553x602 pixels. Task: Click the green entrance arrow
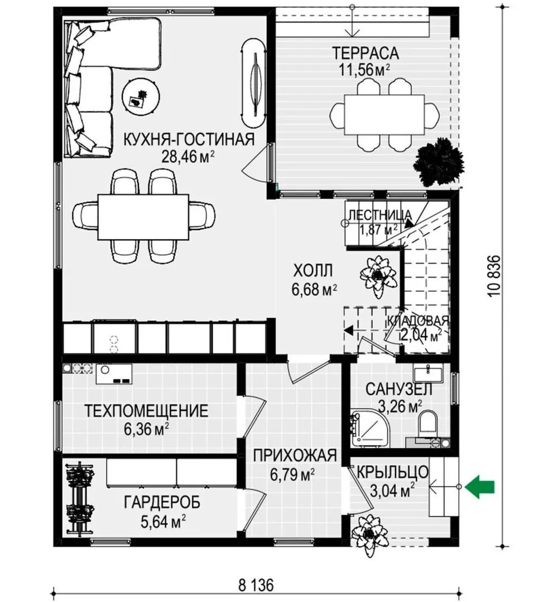click(479, 487)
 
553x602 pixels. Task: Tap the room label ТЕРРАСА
click(366, 53)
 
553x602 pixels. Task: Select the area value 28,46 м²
click(187, 156)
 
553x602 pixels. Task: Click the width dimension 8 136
click(256, 586)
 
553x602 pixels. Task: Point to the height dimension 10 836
click(494, 276)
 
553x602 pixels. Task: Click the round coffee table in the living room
click(141, 96)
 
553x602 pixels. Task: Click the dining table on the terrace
click(384, 114)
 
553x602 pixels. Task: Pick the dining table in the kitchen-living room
click(143, 216)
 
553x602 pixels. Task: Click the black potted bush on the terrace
click(438, 162)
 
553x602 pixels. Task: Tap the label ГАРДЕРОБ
click(162, 502)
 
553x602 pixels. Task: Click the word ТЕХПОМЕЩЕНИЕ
click(146, 411)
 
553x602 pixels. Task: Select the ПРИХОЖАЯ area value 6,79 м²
click(292, 475)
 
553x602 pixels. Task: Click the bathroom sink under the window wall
click(428, 372)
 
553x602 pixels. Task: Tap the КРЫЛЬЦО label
click(392, 472)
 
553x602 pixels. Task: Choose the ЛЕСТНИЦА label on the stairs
click(379, 215)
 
